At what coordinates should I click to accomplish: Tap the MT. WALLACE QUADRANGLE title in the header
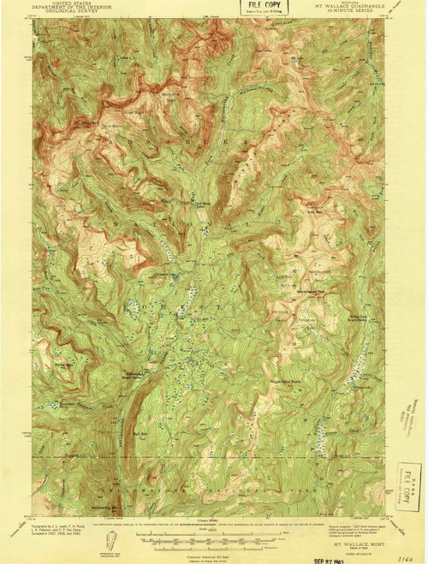click(342, 9)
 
